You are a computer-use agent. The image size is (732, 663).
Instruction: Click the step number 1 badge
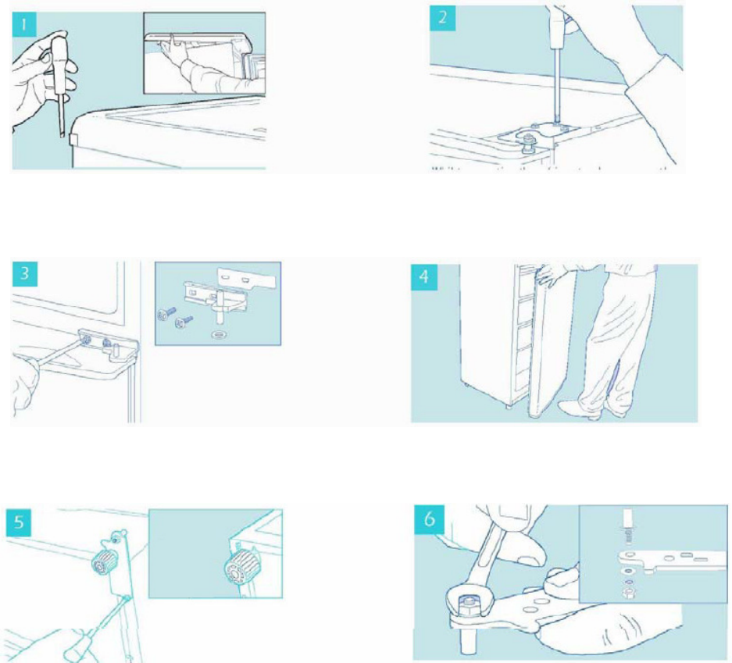[x=23, y=25]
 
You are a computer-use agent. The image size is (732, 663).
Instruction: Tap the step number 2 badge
[x=442, y=18]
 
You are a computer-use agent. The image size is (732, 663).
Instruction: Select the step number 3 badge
[x=25, y=273]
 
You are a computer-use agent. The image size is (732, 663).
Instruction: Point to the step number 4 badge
[x=424, y=276]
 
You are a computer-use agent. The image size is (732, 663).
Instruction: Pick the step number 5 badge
[x=20, y=522]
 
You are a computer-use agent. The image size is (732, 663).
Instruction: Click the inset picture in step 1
[x=205, y=53]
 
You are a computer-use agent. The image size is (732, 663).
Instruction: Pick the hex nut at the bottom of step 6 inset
[x=629, y=593]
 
